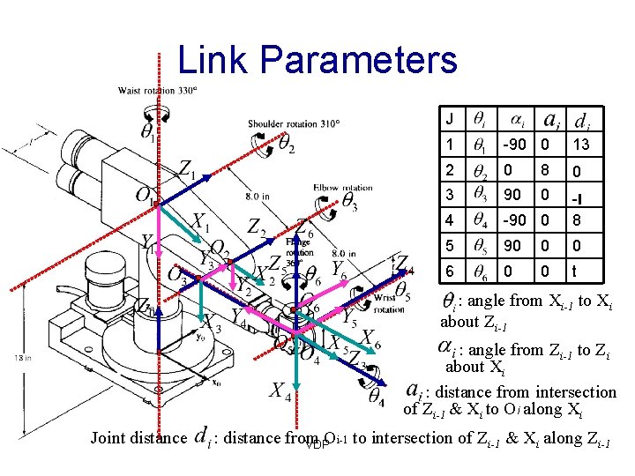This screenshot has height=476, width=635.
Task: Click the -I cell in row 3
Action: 579,196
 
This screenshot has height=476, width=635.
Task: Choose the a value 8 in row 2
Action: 546,170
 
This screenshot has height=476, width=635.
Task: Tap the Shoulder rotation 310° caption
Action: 294,124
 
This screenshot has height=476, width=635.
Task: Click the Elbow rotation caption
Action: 343,187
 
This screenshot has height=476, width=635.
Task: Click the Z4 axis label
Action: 402,264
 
